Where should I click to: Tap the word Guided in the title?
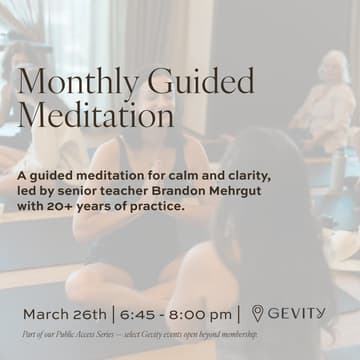click(196, 81)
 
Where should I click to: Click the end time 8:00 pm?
click(204, 314)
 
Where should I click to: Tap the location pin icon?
click(258, 313)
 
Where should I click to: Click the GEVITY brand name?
click(298, 313)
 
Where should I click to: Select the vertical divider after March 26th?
click(113, 314)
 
